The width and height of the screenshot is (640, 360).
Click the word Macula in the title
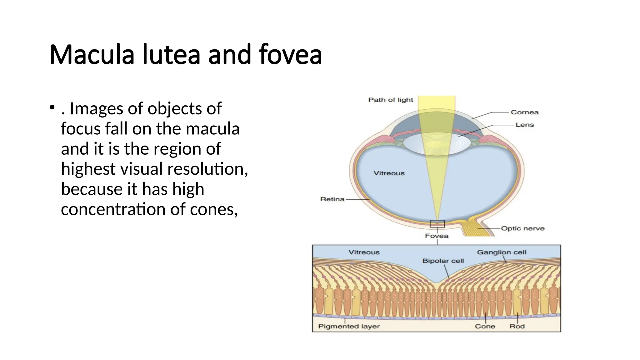pos(92,55)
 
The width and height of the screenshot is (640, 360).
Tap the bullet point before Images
pos(52,108)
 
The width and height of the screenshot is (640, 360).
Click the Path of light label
pos(390,100)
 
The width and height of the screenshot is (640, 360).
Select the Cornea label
pos(524,112)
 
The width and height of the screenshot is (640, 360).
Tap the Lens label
pos(524,125)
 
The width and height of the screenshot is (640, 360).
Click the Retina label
pos(332,199)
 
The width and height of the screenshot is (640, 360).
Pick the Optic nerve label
pos(522,228)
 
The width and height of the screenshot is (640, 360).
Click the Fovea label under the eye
pos(437,236)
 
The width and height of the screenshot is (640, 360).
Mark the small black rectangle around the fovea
pos(437,224)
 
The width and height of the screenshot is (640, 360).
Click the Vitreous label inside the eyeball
pos(389,173)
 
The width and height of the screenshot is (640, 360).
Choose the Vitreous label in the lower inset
pos(364,252)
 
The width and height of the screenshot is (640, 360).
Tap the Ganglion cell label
pos(501,252)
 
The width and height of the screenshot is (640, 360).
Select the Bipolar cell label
pos(443,261)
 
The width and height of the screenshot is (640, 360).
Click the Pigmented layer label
pos(349,327)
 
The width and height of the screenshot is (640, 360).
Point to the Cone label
pos(485,327)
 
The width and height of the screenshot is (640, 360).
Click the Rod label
pos(517,327)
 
